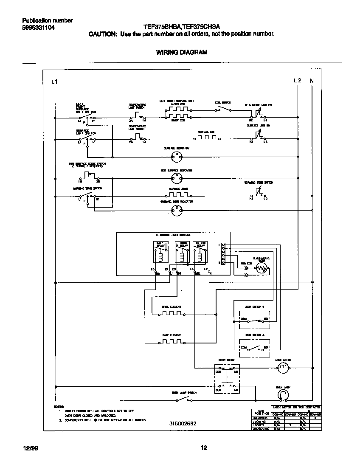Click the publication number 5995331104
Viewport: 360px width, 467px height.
[38, 28]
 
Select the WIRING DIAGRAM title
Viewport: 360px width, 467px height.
[182, 52]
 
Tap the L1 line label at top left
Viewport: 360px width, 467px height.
[54, 81]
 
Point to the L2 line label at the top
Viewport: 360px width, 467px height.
[297, 81]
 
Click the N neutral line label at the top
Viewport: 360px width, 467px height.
[312, 81]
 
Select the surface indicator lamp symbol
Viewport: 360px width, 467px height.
[176, 157]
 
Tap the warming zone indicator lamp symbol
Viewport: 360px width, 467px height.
[176, 209]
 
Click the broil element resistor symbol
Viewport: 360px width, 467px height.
[172, 314]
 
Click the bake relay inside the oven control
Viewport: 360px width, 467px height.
[160, 253]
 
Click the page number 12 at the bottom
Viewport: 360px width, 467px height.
[204, 447]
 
